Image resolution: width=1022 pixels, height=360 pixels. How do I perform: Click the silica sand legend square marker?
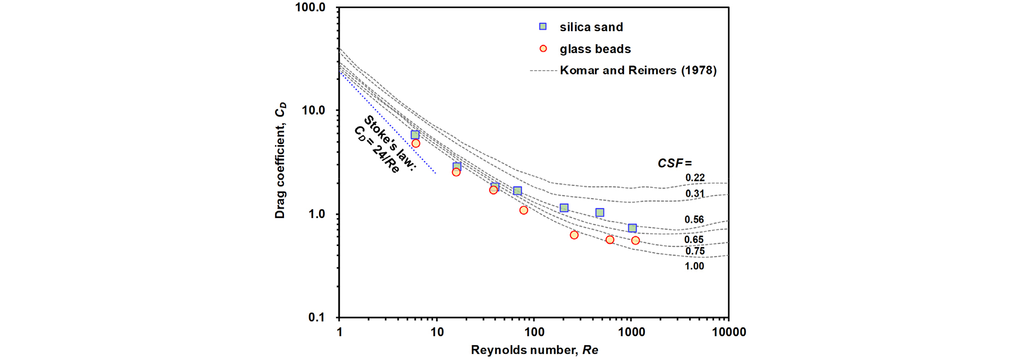click(x=543, y=26)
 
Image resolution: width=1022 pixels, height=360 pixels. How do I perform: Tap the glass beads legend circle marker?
click(x=543, y=49)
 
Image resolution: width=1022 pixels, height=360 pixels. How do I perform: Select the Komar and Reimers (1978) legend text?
click(x=638, y=70)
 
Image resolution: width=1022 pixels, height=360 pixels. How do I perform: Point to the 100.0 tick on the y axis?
click(x=310, y=8)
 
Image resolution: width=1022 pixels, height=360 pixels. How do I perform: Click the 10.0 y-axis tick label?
click(x=313, y=110)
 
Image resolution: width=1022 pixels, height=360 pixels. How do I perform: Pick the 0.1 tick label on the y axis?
click(x=316, y=317)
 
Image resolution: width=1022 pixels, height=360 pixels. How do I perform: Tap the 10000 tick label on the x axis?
click(x=728, y=333)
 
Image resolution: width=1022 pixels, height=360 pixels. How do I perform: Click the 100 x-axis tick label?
click(x=534, y=333)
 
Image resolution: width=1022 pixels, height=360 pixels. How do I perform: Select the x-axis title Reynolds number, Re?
click(x=534, y=350)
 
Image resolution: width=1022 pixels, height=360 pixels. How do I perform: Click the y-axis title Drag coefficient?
click(x=280, y=160)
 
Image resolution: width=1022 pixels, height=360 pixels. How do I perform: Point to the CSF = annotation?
click(x=674, y=163)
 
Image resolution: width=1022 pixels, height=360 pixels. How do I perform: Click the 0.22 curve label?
click(x=695, y=178)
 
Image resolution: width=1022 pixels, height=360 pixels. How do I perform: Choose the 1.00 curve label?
click(x=694, y=266)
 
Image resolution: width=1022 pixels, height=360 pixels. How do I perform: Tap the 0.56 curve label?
click(x=694, y=220)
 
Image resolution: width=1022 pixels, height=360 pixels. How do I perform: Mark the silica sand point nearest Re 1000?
click(x=632, y=228)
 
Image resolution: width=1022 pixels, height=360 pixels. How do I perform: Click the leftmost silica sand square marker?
click(x=415, y=135)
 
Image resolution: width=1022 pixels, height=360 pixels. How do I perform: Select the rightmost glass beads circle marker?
click(x=635, y=240)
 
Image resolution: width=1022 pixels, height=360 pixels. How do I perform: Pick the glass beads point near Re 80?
click(x=524, y=210)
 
